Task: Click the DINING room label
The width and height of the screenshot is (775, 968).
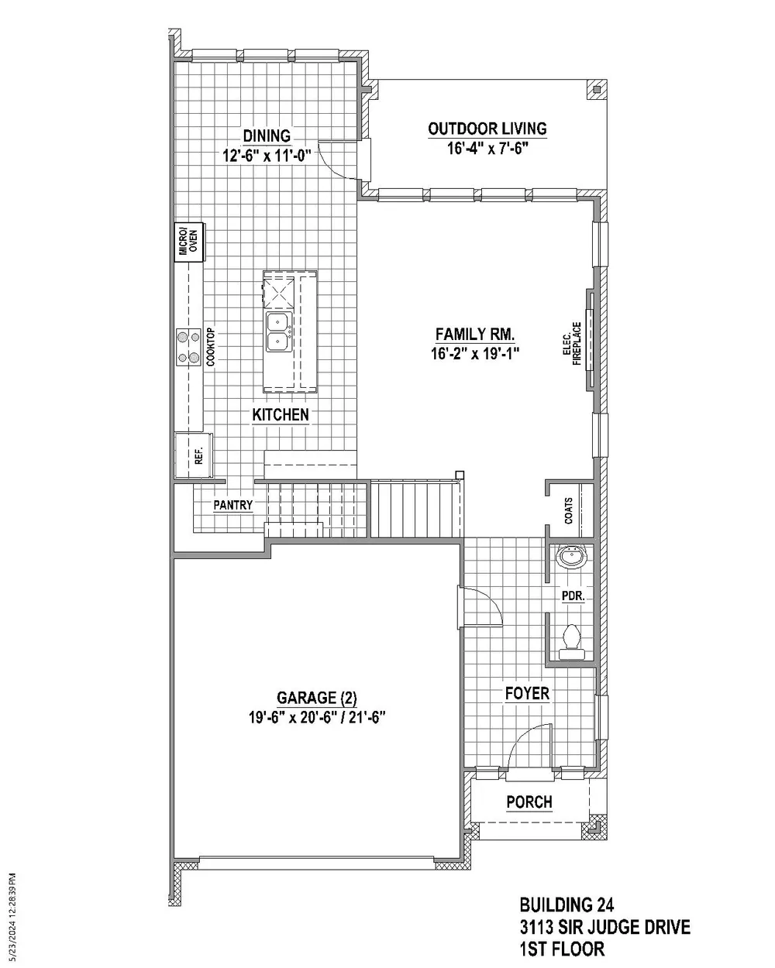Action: [x=267, y=136]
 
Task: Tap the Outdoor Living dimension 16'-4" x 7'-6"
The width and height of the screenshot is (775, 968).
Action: [x=487, y=149]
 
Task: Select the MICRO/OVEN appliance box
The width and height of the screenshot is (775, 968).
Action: [x=188, y=242]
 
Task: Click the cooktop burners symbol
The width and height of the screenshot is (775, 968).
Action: [x=188, y=347]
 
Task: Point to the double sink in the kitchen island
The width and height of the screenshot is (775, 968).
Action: [x=278, y=331]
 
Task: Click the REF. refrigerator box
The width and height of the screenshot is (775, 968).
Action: [x=191, y=455]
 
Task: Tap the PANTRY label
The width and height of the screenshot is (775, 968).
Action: [x=233, y=505]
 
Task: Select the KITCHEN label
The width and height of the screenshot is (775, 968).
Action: [x=281, y=415]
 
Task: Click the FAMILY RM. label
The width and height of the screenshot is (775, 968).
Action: [x=475, y=335]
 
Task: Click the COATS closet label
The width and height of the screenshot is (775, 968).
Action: [x=570, y=510]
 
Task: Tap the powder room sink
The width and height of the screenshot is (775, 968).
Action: [x=573, y=556]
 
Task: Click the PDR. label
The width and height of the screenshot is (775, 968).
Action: [x=573, y=597]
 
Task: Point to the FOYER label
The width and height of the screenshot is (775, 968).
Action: [x=527, y=693]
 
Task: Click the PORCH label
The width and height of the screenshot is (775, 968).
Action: [x=529, y=802]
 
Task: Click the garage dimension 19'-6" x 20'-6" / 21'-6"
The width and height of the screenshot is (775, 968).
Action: [x=317, y=718]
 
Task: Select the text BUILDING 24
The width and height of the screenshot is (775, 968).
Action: [x=567, y=905]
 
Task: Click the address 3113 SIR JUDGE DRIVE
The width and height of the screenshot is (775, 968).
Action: [x=604, y=927]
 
